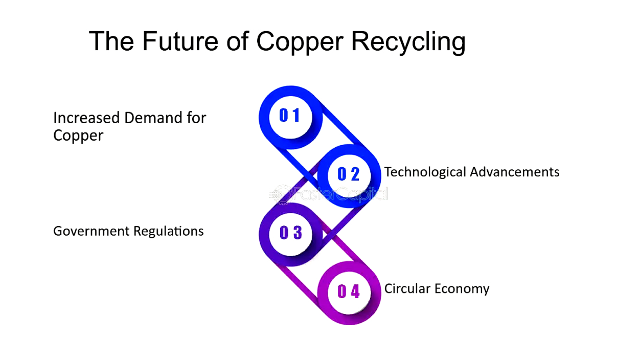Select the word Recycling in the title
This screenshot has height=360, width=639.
coord(408,41)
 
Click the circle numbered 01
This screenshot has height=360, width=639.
coord(290,116)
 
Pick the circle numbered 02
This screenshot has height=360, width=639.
coord(349,174)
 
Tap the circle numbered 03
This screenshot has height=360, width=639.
coord(290,233)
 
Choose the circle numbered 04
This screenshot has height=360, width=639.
coord(349,292)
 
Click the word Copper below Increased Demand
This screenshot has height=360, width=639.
coord(78,136)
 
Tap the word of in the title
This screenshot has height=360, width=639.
coord(238,41)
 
